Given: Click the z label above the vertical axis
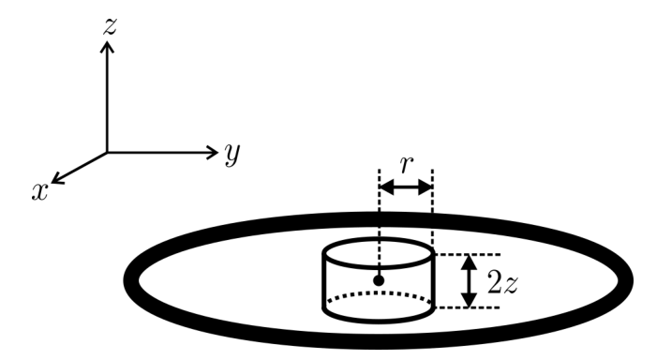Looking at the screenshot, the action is pos(110,26).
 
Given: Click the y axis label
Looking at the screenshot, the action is pos(232,154).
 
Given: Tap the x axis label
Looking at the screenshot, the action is pos(39,192).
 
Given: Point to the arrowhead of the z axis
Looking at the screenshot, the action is pos(107,45).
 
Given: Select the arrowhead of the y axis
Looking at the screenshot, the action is pos(212,152).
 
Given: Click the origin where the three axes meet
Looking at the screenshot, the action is pos(107,153).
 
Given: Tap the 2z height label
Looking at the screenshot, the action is pos(502,283).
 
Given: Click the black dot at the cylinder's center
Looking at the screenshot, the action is pos(379,280).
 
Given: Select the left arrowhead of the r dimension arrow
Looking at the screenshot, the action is pos(386,187).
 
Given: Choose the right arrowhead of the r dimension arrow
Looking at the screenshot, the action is pos(426,187).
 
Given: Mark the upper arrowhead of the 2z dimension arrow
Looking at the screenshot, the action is pos(469,262).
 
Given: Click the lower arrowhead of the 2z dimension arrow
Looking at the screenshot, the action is pos(469,300).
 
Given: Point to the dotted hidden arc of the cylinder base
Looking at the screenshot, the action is pos(379,293).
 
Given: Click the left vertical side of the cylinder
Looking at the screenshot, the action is pos(324,281).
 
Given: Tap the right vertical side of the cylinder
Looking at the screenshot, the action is pos(433,281).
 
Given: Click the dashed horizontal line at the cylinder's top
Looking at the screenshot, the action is pos(468,254).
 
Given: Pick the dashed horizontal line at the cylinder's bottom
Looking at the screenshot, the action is pos(468,307).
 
